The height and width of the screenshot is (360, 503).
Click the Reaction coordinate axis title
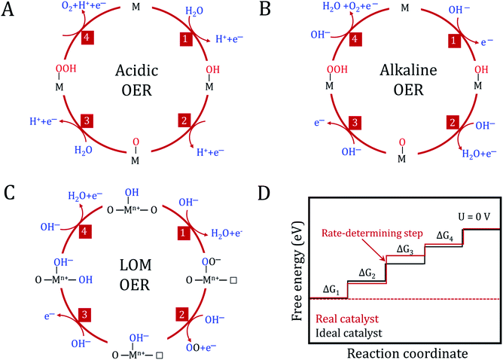click(x=403, y=350)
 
